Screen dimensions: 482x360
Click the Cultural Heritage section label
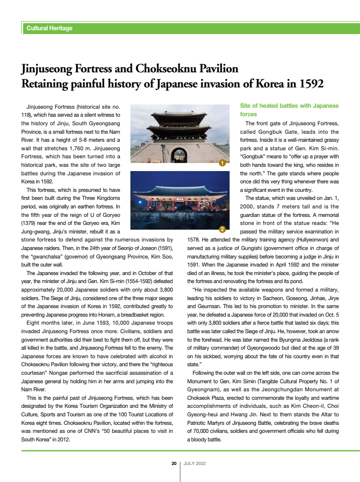[50, 28]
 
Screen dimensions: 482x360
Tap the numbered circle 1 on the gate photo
[222, 163]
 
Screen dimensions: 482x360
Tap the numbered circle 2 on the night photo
[222, 230]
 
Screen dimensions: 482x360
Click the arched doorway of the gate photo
[179, 155]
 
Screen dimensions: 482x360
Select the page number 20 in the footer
[174, 464]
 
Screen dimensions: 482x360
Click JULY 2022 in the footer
[195, 464]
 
